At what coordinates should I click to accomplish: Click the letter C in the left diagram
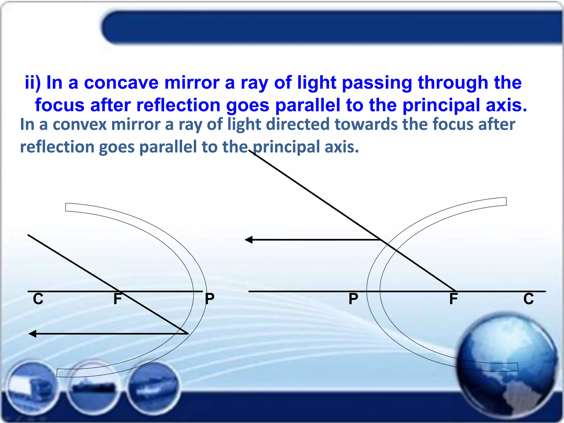[x=38, y=299]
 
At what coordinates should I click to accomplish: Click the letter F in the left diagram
[x=118, y=299]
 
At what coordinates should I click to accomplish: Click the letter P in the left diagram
[x=210, y=299]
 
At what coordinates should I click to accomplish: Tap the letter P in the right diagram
[x=353, y=299]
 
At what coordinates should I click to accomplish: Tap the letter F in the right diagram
[x=453, y=299]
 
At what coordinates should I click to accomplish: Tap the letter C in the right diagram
[x=528, y=299]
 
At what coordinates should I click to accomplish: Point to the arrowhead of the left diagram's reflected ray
[x=32, y=334]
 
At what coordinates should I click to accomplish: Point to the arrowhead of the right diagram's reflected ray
[x=248, y=240]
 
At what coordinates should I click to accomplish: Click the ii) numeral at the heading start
[x=33, y=83]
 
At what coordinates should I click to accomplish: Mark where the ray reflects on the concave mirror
[x=188, y=333]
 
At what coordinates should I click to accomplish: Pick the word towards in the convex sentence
[x=366, y=124]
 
